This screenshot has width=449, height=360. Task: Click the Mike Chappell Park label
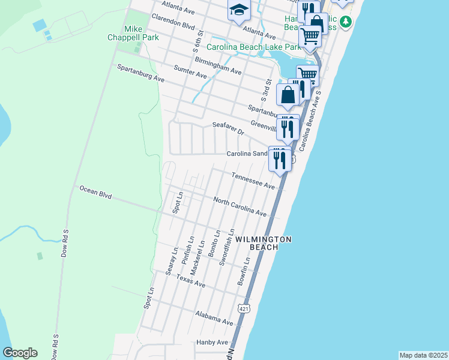[141, 34]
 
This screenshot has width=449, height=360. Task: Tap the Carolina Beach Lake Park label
[253, 47]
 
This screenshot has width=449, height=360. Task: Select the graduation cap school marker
[238, 11]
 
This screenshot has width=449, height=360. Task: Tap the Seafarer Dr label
[228, 128]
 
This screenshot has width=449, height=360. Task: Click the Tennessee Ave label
[253, 182]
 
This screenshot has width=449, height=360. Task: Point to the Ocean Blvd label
[96, 193]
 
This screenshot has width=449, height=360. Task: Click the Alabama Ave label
[214, 318]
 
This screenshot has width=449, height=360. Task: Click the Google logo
[20, 353]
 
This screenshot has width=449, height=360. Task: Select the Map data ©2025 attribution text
[423, 355]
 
